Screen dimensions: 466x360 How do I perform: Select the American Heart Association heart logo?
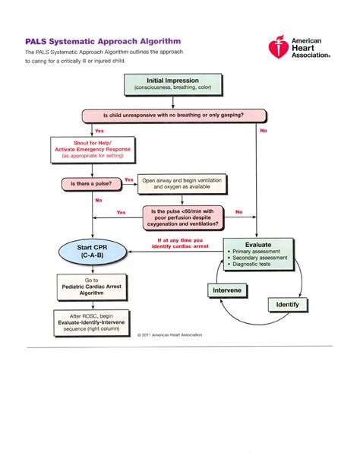(x=278, y=49)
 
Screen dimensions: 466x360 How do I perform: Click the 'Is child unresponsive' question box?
(x=174, y=116)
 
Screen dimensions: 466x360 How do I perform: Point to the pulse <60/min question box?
(x=184, y=217)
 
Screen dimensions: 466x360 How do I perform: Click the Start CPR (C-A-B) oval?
(x=92, y=252)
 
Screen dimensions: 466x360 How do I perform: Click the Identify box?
(x=288, y=305)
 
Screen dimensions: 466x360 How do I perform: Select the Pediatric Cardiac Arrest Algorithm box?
(x=92, y=290)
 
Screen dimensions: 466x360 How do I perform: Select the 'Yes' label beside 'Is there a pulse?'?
(x=129, y=180)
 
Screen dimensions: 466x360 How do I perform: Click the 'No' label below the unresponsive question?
(x=264, y=131)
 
